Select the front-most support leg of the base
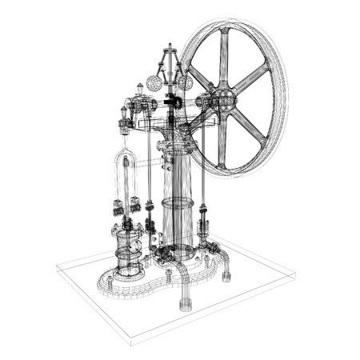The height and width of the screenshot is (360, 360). click(186, 301)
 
